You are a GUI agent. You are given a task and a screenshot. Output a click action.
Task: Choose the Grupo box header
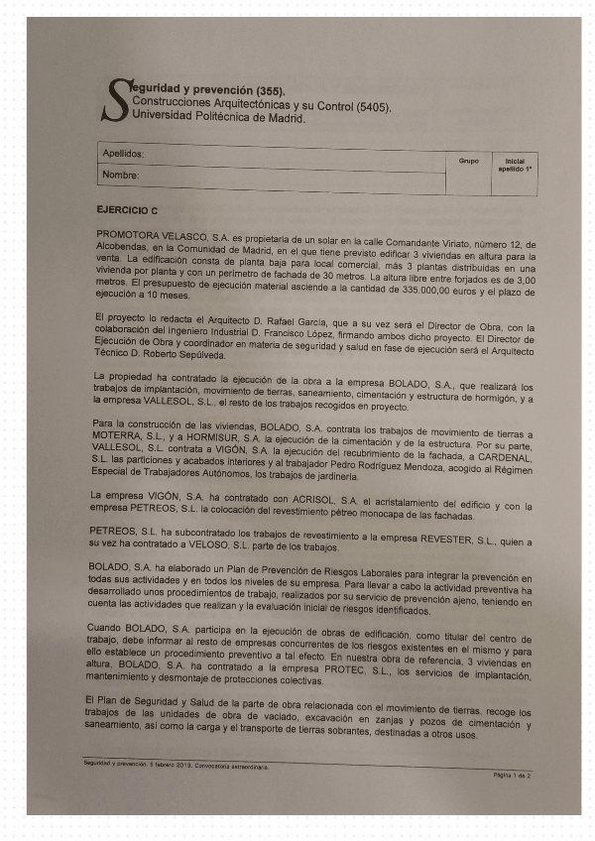[468, 160]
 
